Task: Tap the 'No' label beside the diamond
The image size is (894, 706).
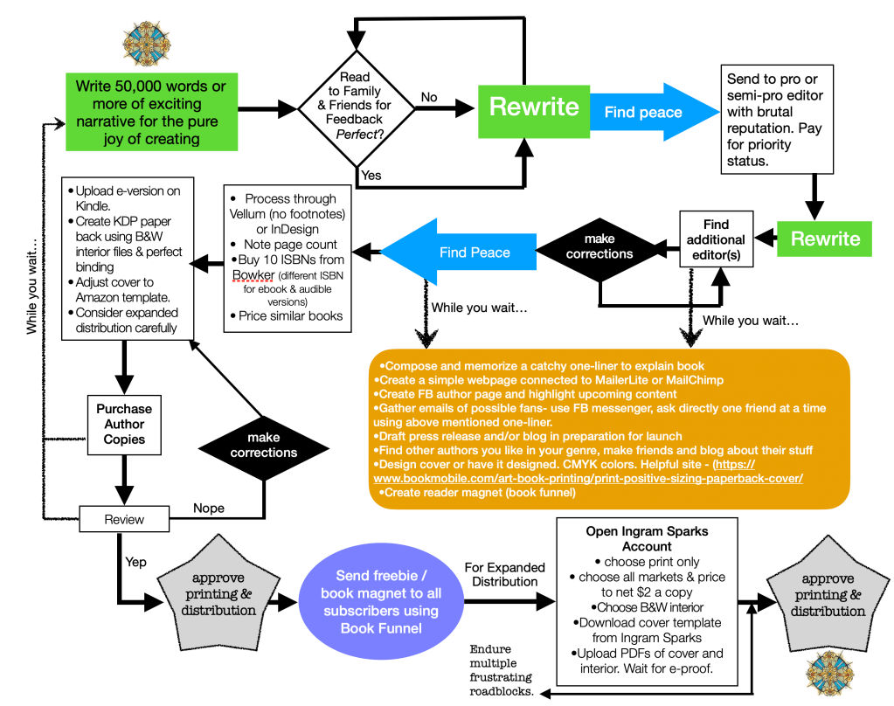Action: (x=429, y=98)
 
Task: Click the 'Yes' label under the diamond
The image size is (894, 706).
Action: (x=371, y=176)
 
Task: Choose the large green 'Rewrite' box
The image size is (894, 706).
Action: (x=533, y=107)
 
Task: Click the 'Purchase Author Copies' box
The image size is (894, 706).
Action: (x=123, y=423)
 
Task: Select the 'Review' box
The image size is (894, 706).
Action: (x=123, y=519)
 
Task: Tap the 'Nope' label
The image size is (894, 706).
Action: (x=208, y=509)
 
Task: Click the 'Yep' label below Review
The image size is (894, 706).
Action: (x=137, y=562)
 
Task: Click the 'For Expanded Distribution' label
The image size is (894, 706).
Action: (x=504, y=574)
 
